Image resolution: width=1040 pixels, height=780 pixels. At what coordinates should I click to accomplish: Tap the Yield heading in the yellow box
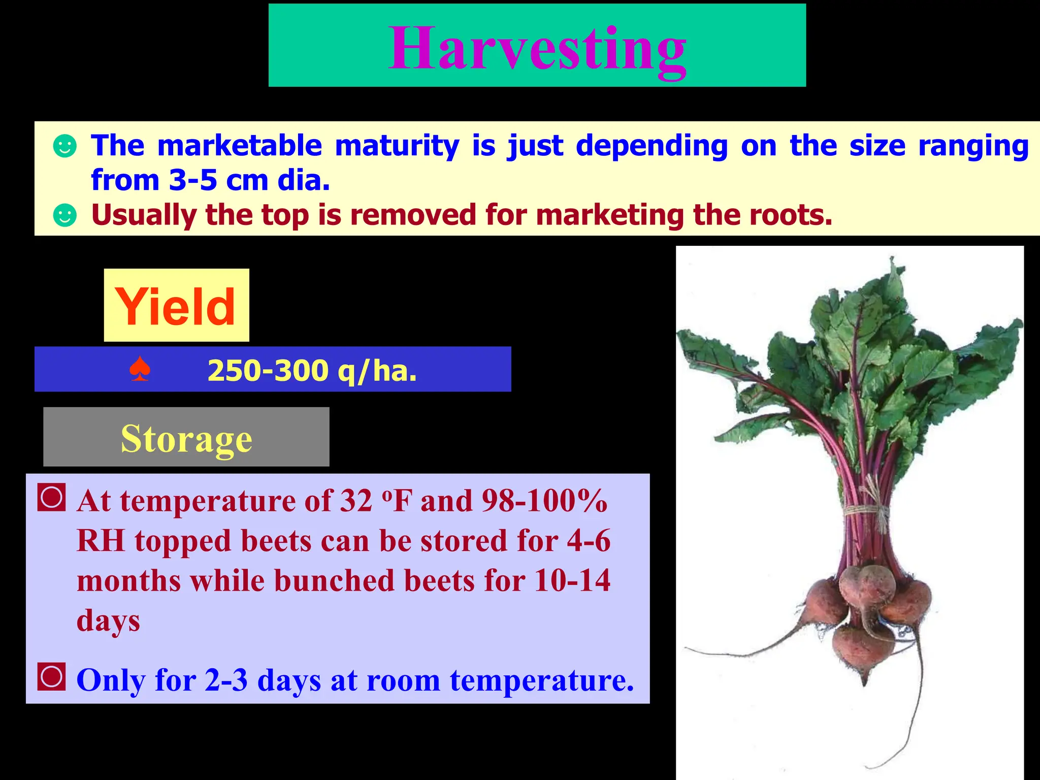tap(176, 306)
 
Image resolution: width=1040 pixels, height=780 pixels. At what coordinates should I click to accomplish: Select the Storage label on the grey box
tap(186, 438)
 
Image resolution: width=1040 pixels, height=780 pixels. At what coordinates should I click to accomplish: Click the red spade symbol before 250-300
tap(140, 369)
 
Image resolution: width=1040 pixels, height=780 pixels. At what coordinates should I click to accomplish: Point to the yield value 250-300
tap(268, 370)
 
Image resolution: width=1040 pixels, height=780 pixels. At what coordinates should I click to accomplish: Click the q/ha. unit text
tap(377, 370)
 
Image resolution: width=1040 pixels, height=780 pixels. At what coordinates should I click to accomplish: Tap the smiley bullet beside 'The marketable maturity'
tap(65, 146)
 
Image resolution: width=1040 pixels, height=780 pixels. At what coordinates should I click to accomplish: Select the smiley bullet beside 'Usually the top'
tap(65, 215)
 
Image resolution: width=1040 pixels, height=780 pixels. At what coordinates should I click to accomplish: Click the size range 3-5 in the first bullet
tap(193, 180)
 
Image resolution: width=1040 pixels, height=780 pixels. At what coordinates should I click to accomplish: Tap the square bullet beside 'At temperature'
tap(51, 497)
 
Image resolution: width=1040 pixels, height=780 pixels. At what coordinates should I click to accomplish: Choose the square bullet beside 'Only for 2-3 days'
tap(51, 676)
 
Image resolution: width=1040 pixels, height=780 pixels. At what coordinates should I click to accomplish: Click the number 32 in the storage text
tap(356, 501)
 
